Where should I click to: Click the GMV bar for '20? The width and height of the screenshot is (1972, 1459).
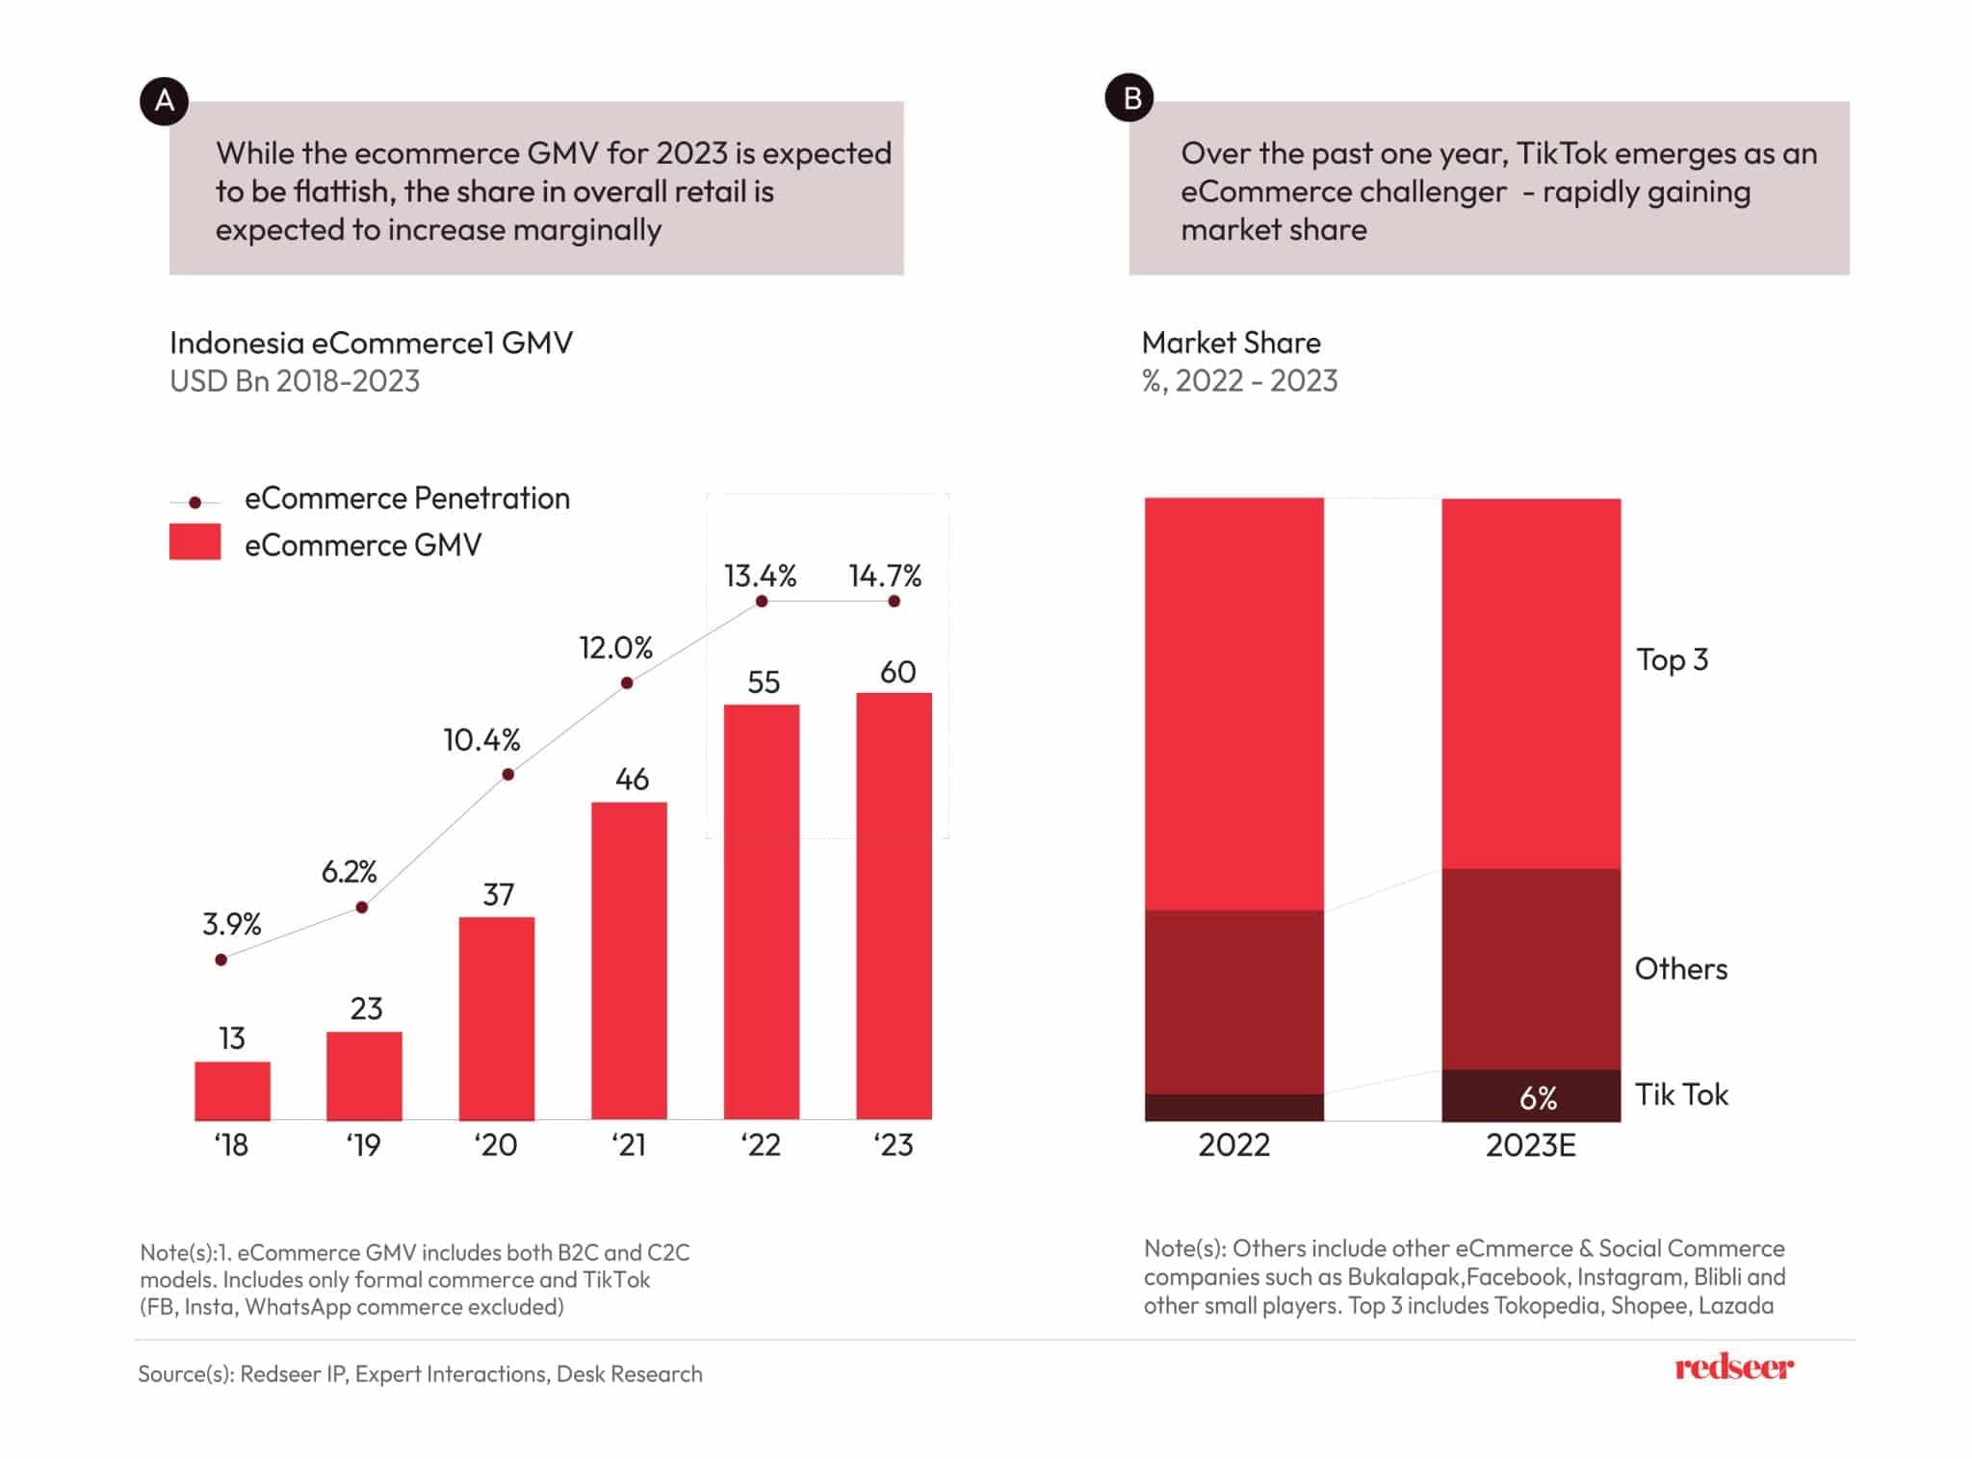[x=496, y=1018]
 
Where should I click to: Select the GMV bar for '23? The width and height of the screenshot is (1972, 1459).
[x=894, y=906]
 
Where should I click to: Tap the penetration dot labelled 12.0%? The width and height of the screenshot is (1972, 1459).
[x=627, y=682]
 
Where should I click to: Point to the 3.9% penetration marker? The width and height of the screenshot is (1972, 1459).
[x=221, y=960]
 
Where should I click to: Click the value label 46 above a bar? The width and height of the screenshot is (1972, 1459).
[x=632, y=779]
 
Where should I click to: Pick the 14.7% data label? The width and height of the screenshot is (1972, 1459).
[x=884, y=576]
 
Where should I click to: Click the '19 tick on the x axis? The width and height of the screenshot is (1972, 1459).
[x=363, y=1144]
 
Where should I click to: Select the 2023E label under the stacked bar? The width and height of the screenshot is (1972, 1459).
[x=1530, y=1144]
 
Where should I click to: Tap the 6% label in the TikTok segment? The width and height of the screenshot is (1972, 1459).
[x=1538, y=1098]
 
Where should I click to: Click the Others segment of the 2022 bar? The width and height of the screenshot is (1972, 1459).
[x=1233, y=1001]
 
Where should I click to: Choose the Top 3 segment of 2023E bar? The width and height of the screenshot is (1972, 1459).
[x=1530, y=683]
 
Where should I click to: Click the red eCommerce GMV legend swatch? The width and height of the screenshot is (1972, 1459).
[x=195, y=542]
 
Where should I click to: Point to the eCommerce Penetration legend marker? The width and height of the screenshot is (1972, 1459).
[x=195, y=502]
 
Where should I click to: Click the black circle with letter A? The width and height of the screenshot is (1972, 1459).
[x=164, y=100]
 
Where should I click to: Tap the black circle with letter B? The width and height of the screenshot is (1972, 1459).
[x=1129, y=98]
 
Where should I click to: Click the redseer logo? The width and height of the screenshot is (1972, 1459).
[x=1733, y=1367]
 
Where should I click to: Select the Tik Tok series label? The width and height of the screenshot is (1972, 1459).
[x=1681, y=1094]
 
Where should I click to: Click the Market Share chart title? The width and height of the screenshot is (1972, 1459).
[x=1231, y=343]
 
